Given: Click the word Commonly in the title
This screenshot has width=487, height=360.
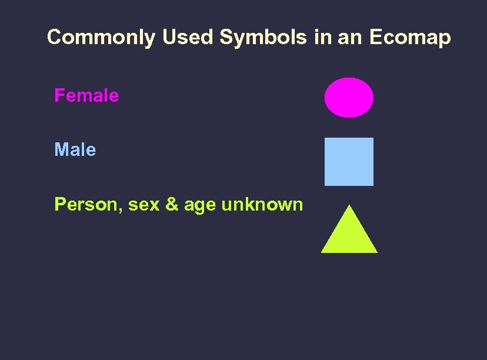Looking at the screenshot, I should coord(100,38).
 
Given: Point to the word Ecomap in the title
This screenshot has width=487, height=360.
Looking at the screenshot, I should coord(410,38).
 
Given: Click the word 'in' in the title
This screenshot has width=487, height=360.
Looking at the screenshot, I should coord(322,38).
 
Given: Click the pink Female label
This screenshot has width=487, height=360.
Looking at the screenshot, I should coord(86,95).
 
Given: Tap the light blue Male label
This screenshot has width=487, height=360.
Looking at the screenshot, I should coord(75,150).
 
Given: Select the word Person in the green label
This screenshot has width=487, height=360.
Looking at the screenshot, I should coord(86,205).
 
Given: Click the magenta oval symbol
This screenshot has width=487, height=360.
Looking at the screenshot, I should coord(349,98).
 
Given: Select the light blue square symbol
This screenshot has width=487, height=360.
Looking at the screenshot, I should coord(349,162).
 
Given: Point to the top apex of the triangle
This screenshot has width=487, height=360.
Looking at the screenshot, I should coord(349,206).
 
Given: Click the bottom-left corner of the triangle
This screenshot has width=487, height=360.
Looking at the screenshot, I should coord(322,252).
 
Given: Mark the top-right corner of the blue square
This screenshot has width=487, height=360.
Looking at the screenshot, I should coord(372,139).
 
